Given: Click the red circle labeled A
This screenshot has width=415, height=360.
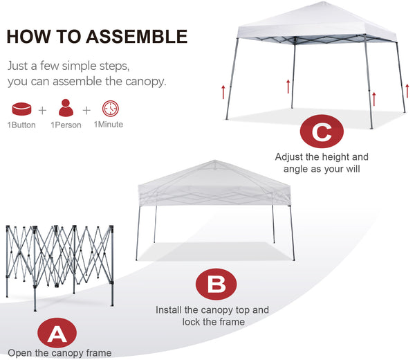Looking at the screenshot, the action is click(57, 333).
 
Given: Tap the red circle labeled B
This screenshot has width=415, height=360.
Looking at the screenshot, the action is click(216, 285).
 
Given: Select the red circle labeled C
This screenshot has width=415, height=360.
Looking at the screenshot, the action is click(322, 131).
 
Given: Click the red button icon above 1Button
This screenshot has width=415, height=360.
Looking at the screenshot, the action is click(21, 109).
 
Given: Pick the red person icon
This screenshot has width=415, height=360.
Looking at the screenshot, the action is click(66, 107).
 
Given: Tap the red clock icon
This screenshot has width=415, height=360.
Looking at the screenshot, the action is click(111, 108).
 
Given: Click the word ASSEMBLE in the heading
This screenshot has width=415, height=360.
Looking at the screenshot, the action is click(137, 36).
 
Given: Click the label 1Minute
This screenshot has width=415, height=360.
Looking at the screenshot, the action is click(109, 125).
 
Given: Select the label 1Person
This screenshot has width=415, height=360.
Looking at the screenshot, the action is click(66, 125).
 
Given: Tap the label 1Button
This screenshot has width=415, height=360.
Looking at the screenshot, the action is click(21, 125).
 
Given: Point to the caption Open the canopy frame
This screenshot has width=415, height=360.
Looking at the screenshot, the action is click(59, 353).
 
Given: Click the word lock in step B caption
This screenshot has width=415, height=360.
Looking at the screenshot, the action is click(191, 322).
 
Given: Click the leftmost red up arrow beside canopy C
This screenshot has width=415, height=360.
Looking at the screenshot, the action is click(223, 92).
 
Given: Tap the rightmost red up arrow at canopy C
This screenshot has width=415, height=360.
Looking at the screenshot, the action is click(407, 91).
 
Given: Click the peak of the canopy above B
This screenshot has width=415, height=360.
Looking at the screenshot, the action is click(214, 161).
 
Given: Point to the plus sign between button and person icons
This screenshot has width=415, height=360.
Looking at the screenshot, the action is click(42, 110).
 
